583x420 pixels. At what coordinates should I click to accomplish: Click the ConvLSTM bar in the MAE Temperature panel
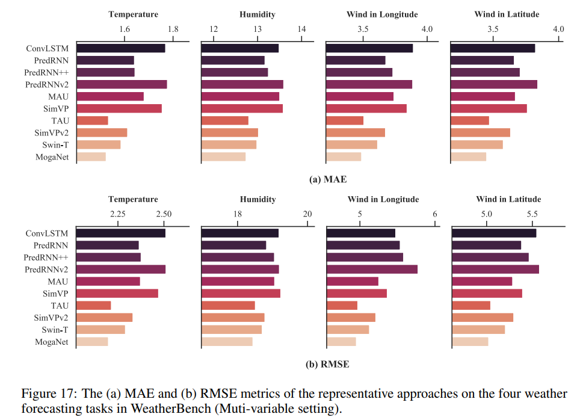pyautogui.click(x=120, y=48)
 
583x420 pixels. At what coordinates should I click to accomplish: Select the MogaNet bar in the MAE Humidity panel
pyautogui.click(x=223, y=157)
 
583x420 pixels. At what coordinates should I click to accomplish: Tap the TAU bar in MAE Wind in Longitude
pyautogui.click(x=344, y=120)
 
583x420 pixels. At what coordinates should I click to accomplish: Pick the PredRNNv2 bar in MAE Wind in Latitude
pyautogui.click(x=493, y=84)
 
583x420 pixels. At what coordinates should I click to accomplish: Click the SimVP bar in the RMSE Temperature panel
pyautogui.click(x=117, y=293)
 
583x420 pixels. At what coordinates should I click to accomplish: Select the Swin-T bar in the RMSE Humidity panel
pyautogui.click(x=232, y=329)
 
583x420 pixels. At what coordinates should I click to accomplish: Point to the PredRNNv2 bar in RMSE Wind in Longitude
pyautogui.click(x=371, y=269)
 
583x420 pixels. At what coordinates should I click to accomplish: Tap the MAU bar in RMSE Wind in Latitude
pyautogui.click(x=481, y=281)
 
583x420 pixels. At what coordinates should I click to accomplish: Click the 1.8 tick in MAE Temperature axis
pyautogui.click(x=173, y=29)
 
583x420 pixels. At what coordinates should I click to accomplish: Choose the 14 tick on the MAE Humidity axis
pyautogui.click(x=301, y=29)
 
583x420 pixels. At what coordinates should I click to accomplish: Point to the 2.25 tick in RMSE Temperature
pyautogui.click(x=117, y=214)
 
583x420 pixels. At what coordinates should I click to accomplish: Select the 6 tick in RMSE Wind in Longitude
pyautogui.click(x=434, y=214)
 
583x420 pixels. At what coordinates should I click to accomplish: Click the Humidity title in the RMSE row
pyautogui.click(x=258, y=199)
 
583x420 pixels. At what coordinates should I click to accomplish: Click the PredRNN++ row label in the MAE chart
pyautogui.click(x=47, y=72)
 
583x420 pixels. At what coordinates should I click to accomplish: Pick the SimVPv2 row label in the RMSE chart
pyautogui.click(x=51, y=317)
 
